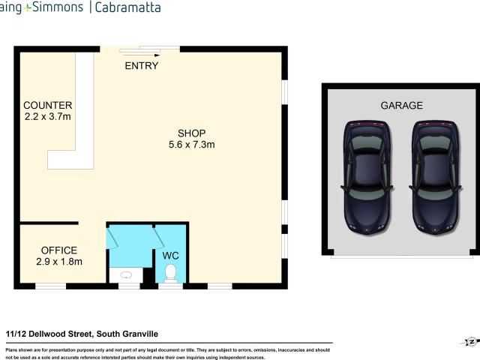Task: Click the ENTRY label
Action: click(141, 66)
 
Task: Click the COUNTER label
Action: click(47, 105)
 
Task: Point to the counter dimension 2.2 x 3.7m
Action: click(47, 117)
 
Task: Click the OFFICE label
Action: click(58, 250)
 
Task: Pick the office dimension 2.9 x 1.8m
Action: click(58, 262)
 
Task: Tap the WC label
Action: click(171, 255)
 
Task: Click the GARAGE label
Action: click(401, 106)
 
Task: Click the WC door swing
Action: click(160, 237)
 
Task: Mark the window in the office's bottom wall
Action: click(51, 286)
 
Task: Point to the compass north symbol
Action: click(469, 342)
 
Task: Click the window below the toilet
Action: click(171, 286)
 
